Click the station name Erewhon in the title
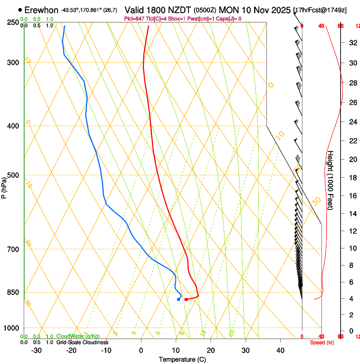tap(41, 10)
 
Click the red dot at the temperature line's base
tap(186, 299)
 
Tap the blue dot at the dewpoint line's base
tap(178, 299)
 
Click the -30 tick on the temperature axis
tap(36, 350)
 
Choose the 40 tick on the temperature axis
tap(280, 350)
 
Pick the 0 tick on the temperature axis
tap(141, 350)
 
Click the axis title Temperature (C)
tap(182, 359)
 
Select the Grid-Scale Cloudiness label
tap(82, 342)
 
